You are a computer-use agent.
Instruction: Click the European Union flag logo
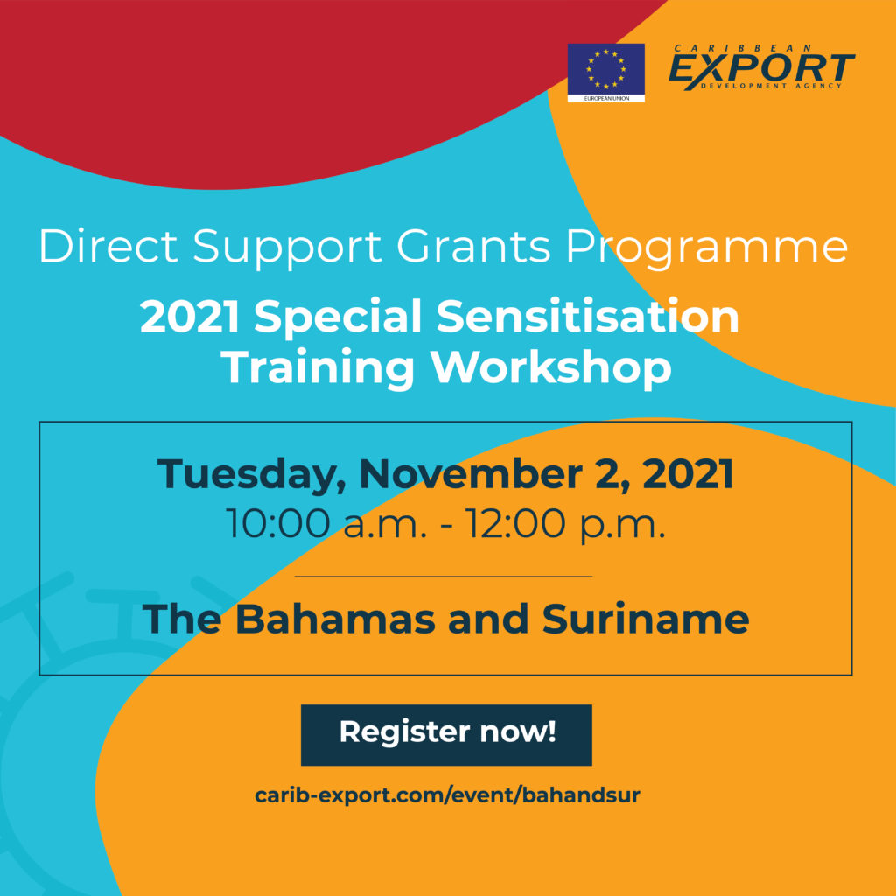tap(605, 73)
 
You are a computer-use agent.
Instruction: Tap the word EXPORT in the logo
tap(761, 68)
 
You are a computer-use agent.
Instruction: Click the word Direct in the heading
tap(108, 247)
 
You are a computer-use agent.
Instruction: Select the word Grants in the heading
tap(473, 247)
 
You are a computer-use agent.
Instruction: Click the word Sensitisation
tap(587, 317)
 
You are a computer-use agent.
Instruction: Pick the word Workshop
tap(551, 368)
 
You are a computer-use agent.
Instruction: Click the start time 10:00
tap(277, 523)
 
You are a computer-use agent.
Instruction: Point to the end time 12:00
tap(514, 523)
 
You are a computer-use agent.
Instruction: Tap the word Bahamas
tap(335, 619)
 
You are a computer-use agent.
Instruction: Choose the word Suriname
tap(645, 619)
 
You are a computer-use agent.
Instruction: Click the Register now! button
tap(446, 734)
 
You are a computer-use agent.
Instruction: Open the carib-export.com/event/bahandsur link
tap(447, 794)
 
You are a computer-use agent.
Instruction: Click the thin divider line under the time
tap(444, 577)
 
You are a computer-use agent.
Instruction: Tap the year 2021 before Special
tap(190, 317)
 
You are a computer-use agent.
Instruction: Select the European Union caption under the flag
tap(605, 98)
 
